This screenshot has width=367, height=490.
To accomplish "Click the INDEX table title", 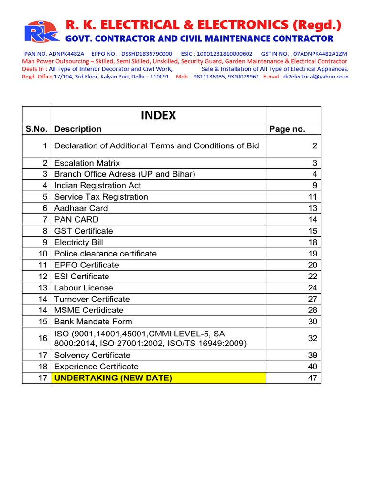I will pyautogui.click(x=158, y=115).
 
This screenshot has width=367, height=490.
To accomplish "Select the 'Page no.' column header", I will pyautogui.click(x=287, y=129).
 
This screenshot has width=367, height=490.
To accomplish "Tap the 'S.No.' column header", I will pyautogui.click(x=36, y=129).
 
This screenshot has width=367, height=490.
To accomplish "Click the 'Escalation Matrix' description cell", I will pyautogui.click(x=87, y=163).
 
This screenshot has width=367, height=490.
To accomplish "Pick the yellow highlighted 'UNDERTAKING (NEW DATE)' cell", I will pyautogui.click(x=158, y=378).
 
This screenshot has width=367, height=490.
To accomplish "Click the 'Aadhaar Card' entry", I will pyautogui.click(x=81, y=208).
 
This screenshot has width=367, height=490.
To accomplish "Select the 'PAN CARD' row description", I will pyautogui.click(x=76, y=220).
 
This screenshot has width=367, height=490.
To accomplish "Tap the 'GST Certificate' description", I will pyautogui.click(x=84, y=231).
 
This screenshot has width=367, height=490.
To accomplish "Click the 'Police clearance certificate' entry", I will pyautogui.click(x=105, y=254).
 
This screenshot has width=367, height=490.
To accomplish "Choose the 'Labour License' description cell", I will pyautogui.click(x=84, y=288).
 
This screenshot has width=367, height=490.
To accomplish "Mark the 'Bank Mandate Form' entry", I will pyautogui.click(x=93, y=322).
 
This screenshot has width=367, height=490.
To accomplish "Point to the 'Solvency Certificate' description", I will pyautogui.click(x=92, y=355).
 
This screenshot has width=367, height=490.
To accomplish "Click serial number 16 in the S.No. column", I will pyautogui.click(x=43, y=338).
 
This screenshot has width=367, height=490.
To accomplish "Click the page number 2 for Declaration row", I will pyautogui.click(x=314, y=146).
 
